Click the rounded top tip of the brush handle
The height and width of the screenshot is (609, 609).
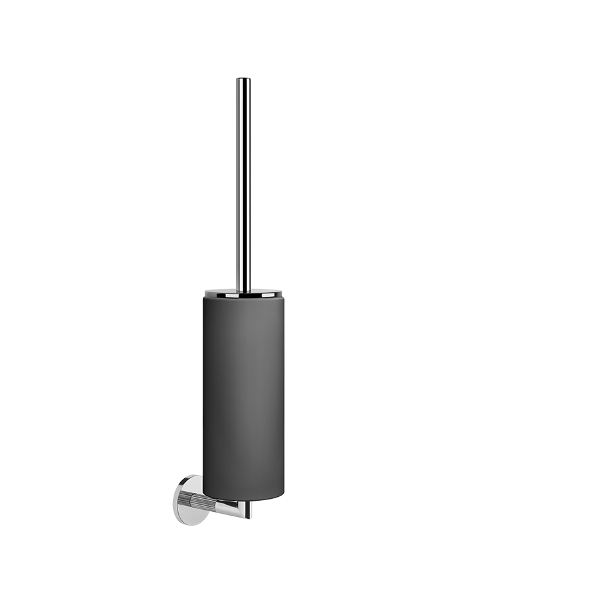pyautogui.click(x=243, y=80)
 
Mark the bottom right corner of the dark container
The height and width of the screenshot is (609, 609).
pyautogui.click(x=282, y=494)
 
